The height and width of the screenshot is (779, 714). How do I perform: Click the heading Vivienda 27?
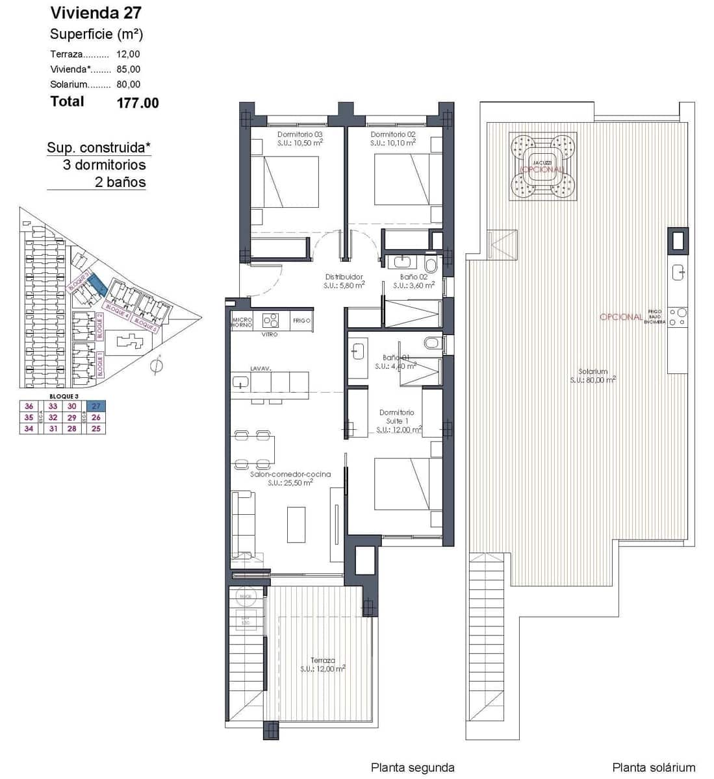point(96,12)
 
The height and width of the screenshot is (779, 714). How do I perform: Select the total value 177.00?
point(137,103)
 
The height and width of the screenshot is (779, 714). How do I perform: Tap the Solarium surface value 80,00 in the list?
point(128,84)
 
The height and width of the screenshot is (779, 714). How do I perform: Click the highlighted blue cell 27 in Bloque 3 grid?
point(96,406)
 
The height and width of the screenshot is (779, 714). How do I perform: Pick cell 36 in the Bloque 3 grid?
point(29,406)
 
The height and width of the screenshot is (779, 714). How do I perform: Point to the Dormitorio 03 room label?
point(300,134)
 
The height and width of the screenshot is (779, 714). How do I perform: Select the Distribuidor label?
point(344,277)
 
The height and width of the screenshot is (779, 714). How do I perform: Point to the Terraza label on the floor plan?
point(322,661)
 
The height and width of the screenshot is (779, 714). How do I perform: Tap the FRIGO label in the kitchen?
point(301,321)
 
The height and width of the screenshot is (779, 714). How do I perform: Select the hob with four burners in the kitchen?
point(270,321)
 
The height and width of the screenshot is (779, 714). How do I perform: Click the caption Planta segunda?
point(412,767)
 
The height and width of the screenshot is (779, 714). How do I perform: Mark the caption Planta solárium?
point(653,767)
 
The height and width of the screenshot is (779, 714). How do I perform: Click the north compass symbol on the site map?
point(156,366)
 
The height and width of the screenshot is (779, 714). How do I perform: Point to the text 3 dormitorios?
point(104,165)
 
